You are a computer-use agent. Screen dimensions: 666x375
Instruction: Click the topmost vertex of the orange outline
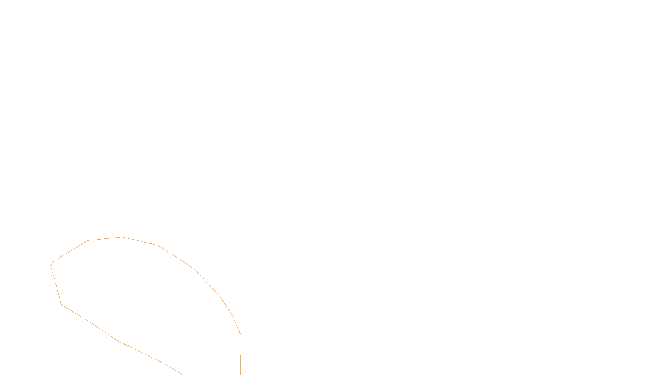tap(122, 237)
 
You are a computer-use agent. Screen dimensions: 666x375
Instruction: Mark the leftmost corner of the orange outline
tap(51, 265)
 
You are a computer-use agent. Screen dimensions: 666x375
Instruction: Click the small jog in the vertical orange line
tap(241, 355)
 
